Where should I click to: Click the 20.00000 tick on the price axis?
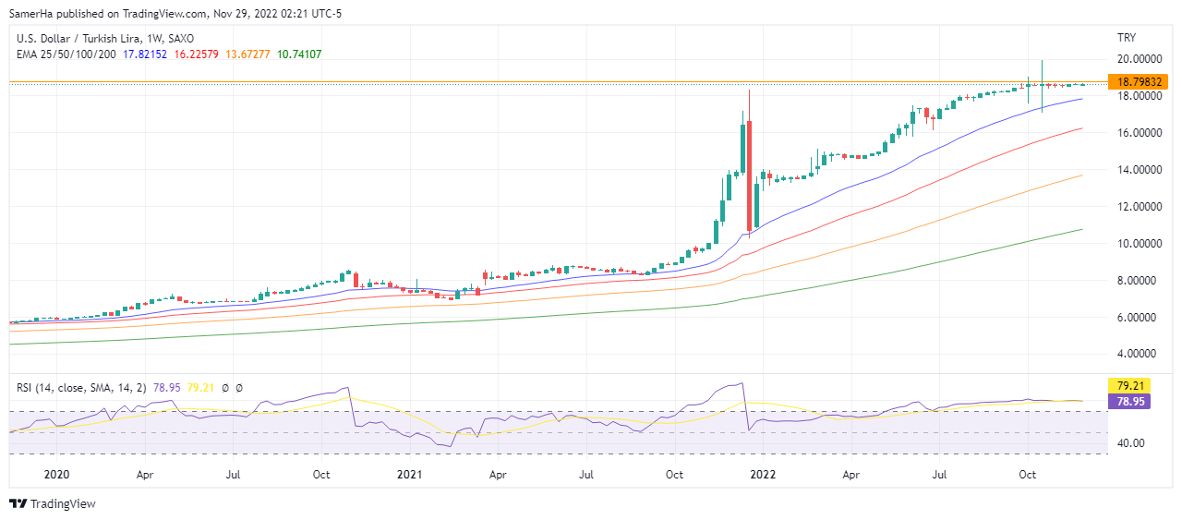(x=1137, y=58)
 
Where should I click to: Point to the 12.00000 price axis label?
(x=1137, y=206)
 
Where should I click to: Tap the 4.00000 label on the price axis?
(x=1137, y=354)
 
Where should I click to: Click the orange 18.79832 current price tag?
(x=1141, y=81)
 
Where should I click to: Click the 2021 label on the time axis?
(x=408, y=475)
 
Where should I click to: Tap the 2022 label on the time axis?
(x=762, y=475)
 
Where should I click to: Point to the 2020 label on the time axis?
(x=56, y=475)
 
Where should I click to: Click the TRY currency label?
(x=1126, y=37)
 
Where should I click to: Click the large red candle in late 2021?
(x=749, y=175)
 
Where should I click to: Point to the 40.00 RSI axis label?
(x=1125, y=442)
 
